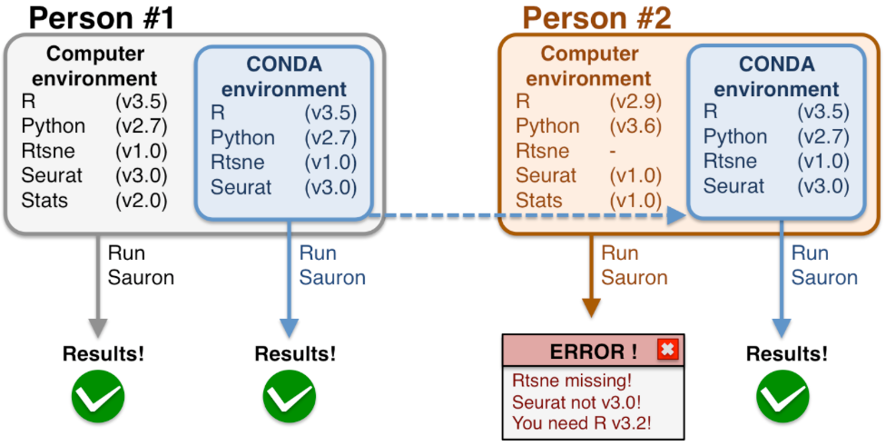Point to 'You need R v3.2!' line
pos(582,422)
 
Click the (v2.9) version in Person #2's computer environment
pos(635,101)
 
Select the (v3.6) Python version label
pos(635,125)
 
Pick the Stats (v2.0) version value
pos(142,200)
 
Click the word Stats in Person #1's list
pos(44,200)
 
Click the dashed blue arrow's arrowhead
pos(675,216)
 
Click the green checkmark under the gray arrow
pos(97,396)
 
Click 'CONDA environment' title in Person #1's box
pos(284,77)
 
